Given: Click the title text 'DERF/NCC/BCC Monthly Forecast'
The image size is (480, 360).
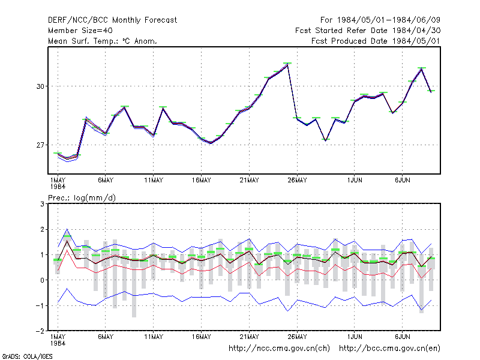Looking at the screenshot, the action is pos(112,20).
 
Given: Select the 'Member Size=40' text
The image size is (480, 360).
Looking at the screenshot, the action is pos(80,31).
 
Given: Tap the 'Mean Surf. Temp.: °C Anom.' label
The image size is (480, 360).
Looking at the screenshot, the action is pos(103,41).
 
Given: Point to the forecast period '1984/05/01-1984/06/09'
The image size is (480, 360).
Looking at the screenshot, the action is pos(388,20).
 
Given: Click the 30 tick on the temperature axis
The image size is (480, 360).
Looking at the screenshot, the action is pos(40,86).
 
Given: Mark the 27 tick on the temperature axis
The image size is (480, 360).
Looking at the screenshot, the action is pos(40,145).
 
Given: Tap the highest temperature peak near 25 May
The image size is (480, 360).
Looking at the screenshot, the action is pos(287,64).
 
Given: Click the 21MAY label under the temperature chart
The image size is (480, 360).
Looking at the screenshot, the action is pos(249,181).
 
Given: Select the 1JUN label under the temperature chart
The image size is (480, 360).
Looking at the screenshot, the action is pos(355,181).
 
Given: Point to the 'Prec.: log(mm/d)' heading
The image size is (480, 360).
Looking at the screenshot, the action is pos(82,198).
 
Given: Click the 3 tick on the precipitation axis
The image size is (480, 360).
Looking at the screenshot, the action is pos(42,204).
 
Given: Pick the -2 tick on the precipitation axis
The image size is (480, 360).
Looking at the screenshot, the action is pos(40,331).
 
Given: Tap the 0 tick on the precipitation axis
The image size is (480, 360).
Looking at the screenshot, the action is pos(42,280).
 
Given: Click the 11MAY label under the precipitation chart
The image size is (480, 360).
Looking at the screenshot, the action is pos(154,337).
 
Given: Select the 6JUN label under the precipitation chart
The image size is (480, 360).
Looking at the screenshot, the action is pos(402,337).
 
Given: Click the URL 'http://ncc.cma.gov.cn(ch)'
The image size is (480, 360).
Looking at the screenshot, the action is pos(279,349).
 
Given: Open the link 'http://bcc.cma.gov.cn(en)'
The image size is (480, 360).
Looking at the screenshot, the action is pos(389,349).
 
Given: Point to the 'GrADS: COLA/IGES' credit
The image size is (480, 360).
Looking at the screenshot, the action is pos(27,356).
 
